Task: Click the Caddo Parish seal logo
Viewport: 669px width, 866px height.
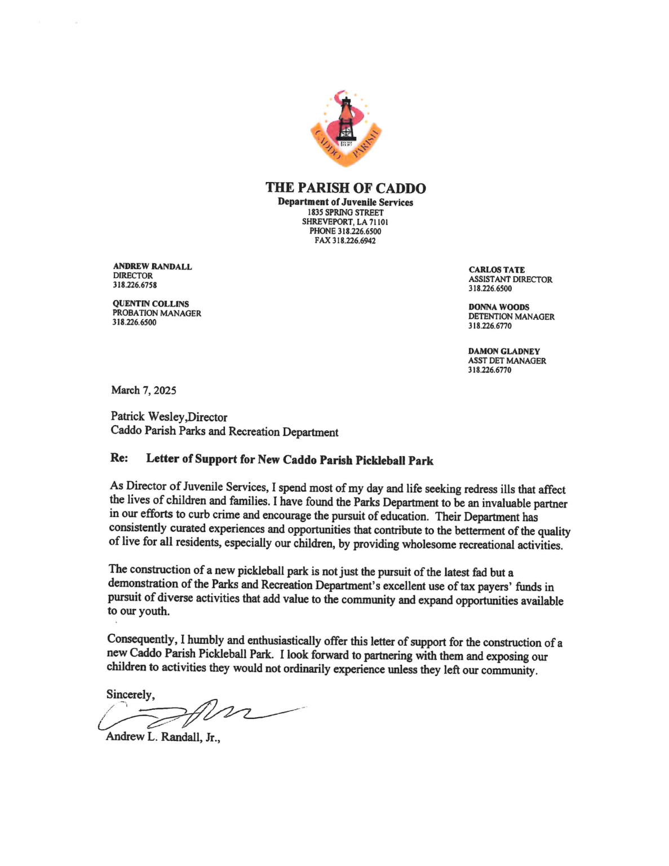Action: [345, 129]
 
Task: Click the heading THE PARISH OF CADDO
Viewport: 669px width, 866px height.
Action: [345, 188]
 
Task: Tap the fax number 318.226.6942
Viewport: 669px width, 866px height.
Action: [353, 241]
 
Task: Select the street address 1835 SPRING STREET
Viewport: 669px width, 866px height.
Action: [345, 213]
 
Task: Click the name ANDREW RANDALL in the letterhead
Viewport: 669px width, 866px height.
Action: [152, 267]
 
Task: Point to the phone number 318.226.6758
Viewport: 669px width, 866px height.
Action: [135, 285]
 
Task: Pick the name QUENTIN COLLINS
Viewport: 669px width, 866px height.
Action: [150, 304]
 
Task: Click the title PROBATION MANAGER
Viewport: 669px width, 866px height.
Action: [157, 313]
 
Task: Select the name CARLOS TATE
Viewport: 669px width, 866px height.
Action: [497, 270]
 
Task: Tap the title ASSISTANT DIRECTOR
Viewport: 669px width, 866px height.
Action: [510, 280]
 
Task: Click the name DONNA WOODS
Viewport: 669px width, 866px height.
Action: [499, 307]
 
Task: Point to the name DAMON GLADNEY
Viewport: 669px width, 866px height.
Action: [504, 351]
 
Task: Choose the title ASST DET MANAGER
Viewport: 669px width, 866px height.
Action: [507, 361]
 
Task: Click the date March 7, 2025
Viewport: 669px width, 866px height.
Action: [144, 390]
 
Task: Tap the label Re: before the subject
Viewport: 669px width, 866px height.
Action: [119, 458]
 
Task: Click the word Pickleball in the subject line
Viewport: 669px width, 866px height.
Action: [380, 460]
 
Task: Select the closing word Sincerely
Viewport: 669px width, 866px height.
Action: [130, 695]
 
